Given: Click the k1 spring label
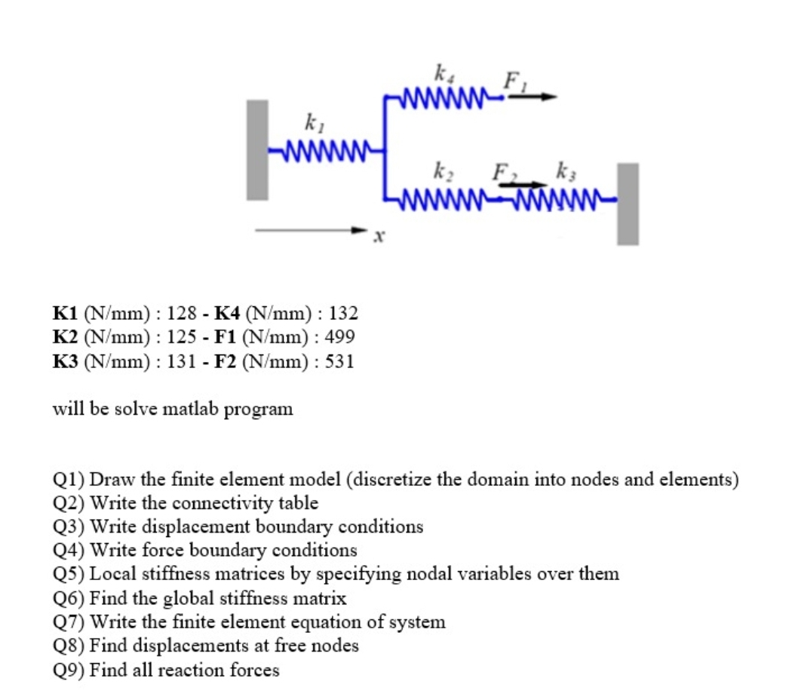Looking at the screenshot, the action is (x=315, y=123).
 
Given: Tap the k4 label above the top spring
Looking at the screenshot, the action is (x=444, y=73).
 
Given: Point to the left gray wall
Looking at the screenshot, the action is (x=257, y=150).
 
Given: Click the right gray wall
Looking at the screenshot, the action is (x=628, y=204).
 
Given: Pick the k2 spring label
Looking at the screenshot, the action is (x=444, y=172).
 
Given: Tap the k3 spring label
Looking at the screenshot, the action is (x=566, y=171).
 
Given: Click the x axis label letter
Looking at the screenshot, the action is (x=379, y=236).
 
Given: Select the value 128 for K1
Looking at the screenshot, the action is (x=181, y=313).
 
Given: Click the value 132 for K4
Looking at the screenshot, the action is (x=343, y=313).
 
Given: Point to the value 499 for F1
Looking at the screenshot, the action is (x=339, y=337).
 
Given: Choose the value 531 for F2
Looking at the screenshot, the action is (x=339, y=361).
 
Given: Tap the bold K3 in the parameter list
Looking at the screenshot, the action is (x=65, y=361).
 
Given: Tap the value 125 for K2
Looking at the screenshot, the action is (x=181, y=337).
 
